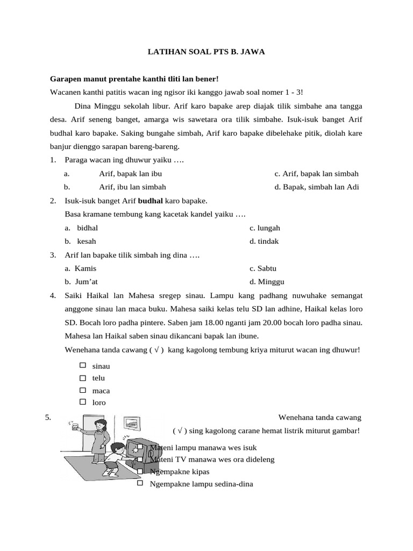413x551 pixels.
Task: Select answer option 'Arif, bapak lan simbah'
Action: tap(316, 174)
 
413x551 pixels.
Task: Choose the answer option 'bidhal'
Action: tap(87, 228)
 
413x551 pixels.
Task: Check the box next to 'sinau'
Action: tap(83, 365)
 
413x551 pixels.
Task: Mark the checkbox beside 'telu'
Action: tap(83, 378)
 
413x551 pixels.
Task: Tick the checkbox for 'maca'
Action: tap(83, 390)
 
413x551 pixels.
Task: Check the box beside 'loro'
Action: tap(83, 402)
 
